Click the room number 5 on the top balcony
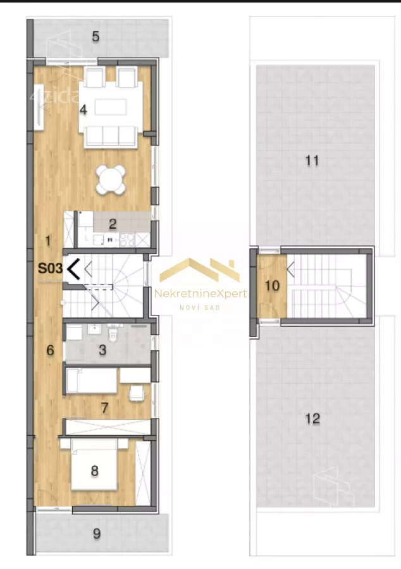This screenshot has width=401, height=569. pyautogui.click(x=96, y=36)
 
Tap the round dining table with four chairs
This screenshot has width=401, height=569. pyautogui.click(x=111, y=179)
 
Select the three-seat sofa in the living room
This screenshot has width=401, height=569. pyautogui.click(x=111, y=137)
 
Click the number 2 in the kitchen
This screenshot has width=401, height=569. pyautogui.click(x=113, y=224)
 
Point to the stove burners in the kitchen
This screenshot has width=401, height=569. pyautogui.click(x=128, y=240)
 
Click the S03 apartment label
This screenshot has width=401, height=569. pyautogui.click(x=50, y=269)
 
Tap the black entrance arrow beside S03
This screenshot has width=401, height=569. pyautogui.click(x=73, y=269)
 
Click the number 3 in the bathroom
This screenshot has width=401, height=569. pyautogui.click(x=102, y=350)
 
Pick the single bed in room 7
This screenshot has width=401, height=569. pyautogui.click(x=92, y=381)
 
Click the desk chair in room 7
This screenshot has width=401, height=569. pyautogui.click(x=137, y=393)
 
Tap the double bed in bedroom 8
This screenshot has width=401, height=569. pyautogui.click(x=94, y=465)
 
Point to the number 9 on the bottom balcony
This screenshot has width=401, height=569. pyautogui.click(x=97, y=534)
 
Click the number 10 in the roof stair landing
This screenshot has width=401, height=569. pyautogui.click(x=272, y=286)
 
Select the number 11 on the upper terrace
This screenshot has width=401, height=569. pyautogui.click(x=312, y=161)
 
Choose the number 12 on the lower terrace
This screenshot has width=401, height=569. pyautogui.click(x=312, y=419)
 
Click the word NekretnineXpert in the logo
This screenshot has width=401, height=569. pyautogui.click(x=200, y=293)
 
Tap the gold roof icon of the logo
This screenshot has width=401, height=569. pyautogui.click(x=200, y=270)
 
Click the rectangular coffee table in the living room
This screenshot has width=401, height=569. pyautogui.click(x=111, y=107)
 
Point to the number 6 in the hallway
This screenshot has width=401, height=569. pyautogui.click(x=50, y=350)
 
